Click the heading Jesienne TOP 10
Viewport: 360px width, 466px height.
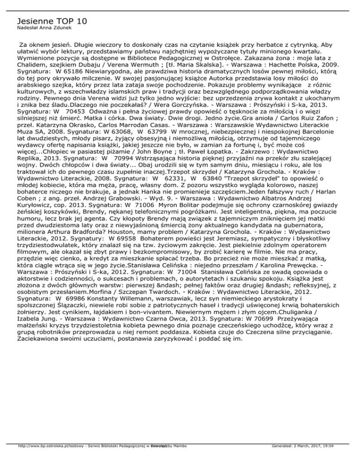coord(52,21)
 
